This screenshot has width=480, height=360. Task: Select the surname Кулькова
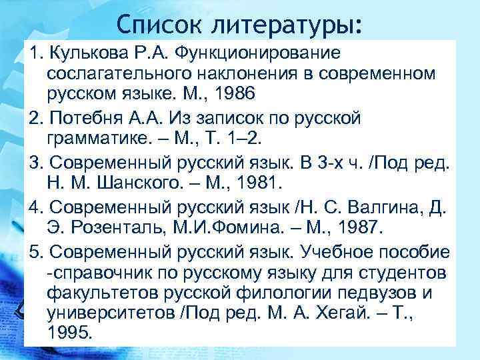(87, 52)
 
